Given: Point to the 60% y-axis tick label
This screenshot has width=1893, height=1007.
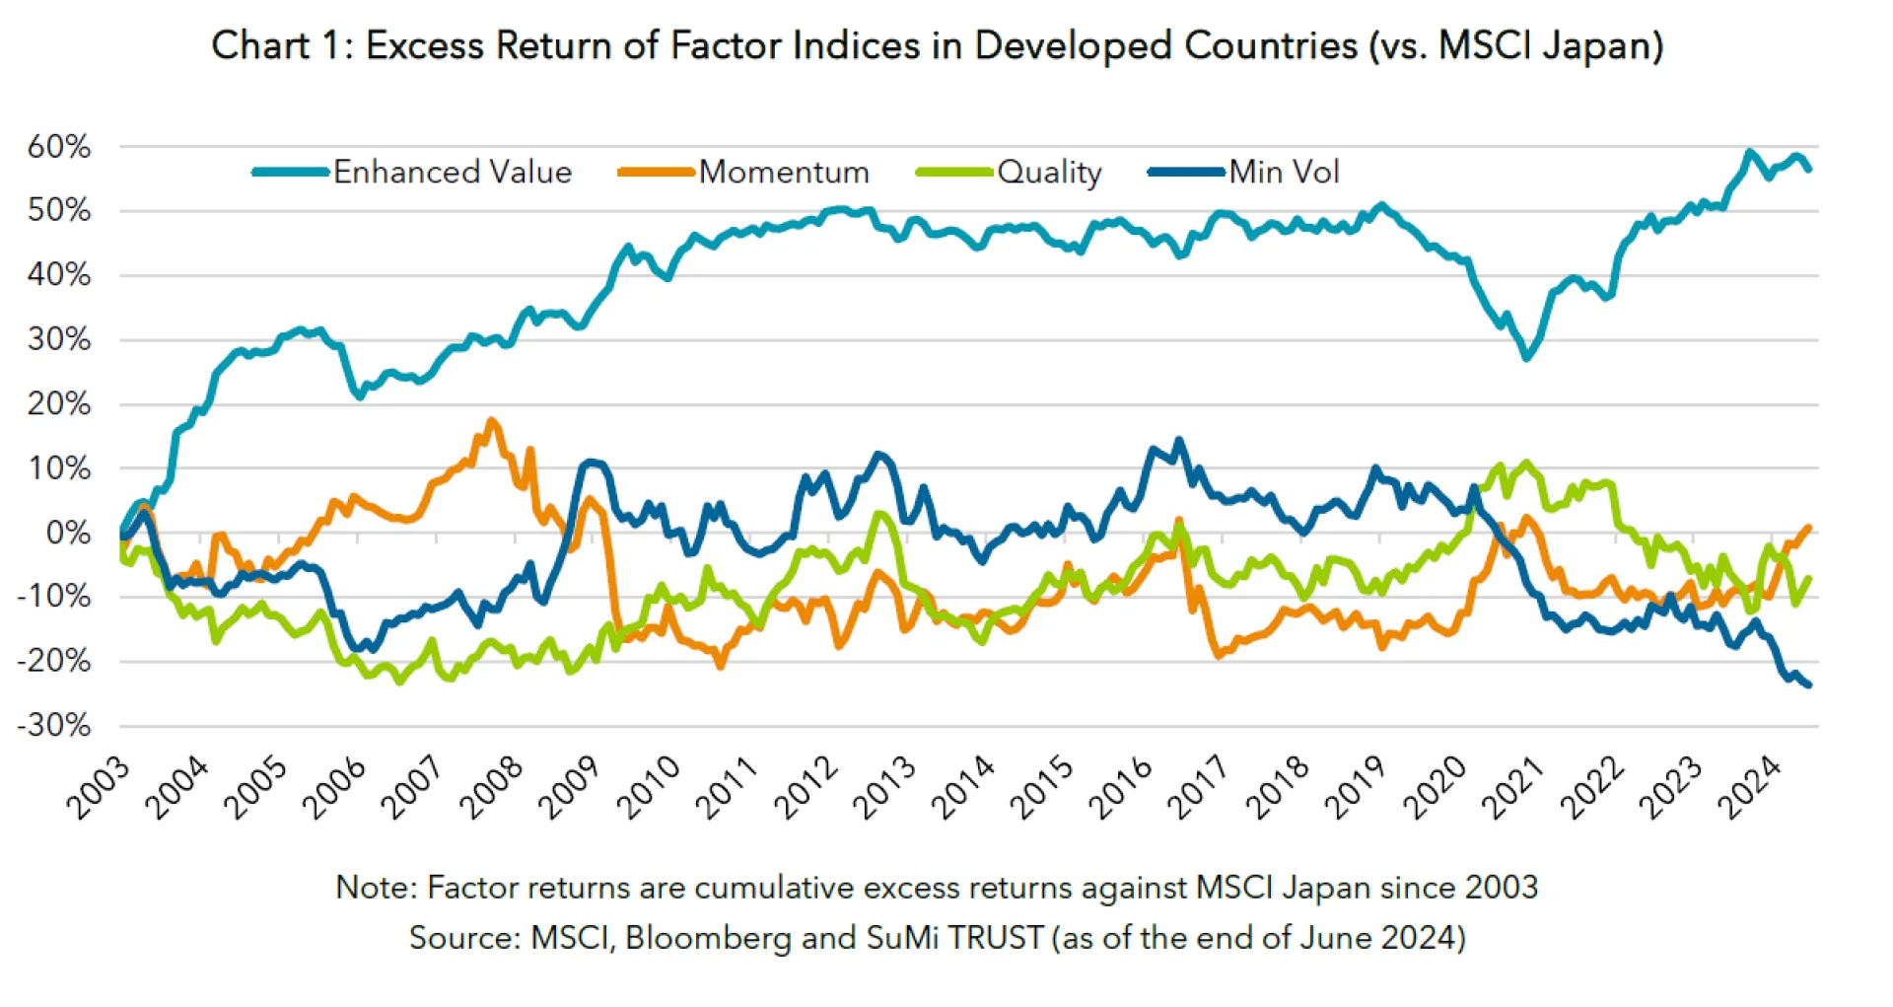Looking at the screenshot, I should click(x=59, y=147).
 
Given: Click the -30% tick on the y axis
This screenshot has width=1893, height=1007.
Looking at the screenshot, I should click(x=55, y=726).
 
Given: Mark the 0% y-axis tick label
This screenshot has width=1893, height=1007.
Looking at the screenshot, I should click(x=68, y=533).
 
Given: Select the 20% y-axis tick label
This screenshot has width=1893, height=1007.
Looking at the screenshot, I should click(x=59, y=403).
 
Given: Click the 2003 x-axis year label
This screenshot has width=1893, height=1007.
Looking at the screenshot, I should click(x=98, y=788).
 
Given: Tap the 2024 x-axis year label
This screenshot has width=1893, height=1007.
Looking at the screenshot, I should click(x=1749, y=788).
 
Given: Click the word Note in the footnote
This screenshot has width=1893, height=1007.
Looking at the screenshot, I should click(x=373, y=888).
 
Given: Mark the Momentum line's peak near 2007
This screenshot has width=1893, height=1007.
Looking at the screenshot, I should click(x=491, y=422).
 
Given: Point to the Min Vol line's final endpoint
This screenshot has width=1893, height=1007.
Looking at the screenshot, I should click(x=1808, y=684).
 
